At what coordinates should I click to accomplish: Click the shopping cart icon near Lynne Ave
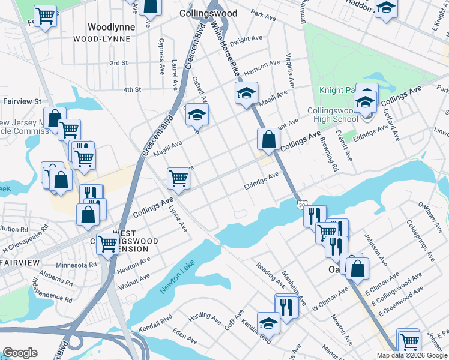178,178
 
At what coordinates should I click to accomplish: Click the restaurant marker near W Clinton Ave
286,307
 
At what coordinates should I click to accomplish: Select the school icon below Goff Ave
268,323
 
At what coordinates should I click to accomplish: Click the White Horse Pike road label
228,51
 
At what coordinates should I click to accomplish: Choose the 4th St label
131,89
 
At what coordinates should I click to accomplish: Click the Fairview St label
21,102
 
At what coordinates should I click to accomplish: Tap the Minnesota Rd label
76,265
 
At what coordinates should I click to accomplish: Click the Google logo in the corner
20,353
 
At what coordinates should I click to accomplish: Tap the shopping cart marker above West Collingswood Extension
107,243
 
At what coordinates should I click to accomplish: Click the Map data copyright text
411,355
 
